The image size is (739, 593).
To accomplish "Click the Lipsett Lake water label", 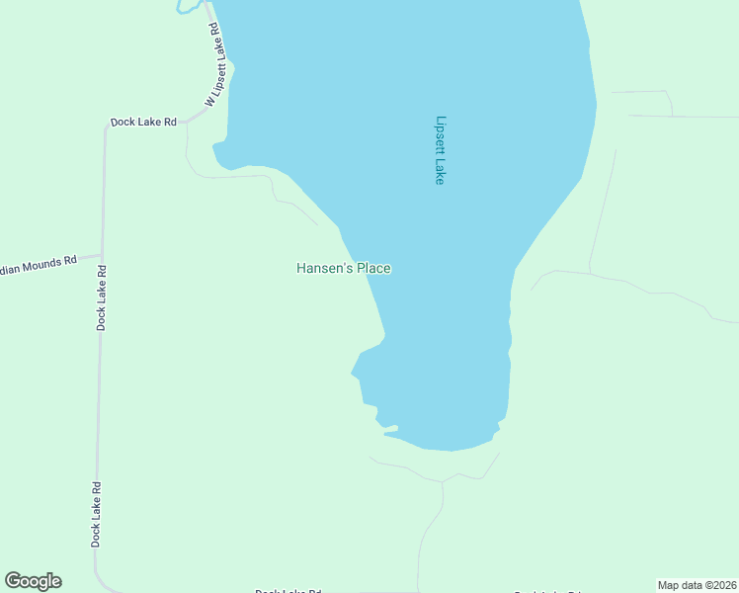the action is (441, 150).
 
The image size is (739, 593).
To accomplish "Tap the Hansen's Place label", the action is (344, 268).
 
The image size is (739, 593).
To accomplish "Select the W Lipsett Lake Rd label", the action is (218, 65).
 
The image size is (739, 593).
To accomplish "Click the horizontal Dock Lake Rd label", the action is (143, 122).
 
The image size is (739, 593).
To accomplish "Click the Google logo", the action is (33, 581).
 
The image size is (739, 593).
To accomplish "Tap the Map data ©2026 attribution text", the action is (697, 585).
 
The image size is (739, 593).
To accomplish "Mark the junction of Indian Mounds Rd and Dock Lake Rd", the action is (101, 255).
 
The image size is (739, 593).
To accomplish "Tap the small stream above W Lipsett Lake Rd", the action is (185, 8).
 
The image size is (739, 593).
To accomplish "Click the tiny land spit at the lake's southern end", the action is (390, 429).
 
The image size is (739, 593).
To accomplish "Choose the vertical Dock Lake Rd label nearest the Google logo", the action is (97, 514).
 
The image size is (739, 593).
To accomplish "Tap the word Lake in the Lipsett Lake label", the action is (441, 172).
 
